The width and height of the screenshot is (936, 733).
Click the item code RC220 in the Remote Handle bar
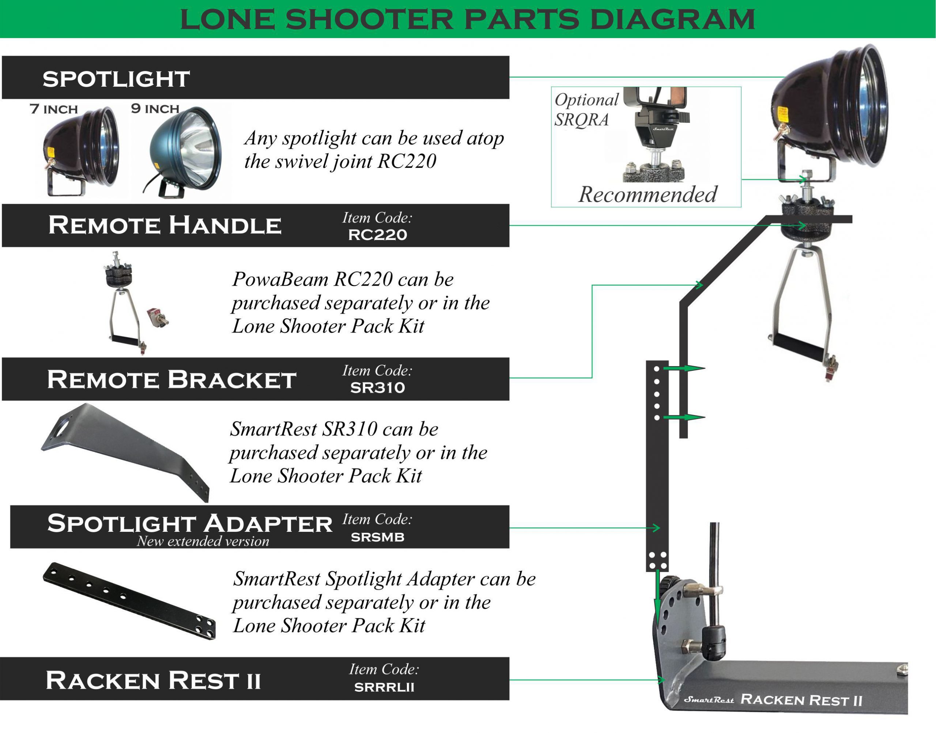coord(377,235)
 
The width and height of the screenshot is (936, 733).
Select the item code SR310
coord(377,387)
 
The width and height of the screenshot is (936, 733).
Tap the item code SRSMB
coord(377,537)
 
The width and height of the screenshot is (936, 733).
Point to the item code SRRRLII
coord(384,687)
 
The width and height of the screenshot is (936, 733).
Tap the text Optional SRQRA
coord(585,109)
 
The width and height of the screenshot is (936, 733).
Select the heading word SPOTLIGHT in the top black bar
coord(116,79)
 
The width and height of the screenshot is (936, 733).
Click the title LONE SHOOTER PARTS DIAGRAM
coord(468,19)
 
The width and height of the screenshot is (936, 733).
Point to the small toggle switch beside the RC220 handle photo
coord(158,317)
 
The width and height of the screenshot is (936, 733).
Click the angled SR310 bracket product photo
coord(124,451)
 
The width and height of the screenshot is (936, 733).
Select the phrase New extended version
coord(203,541)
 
